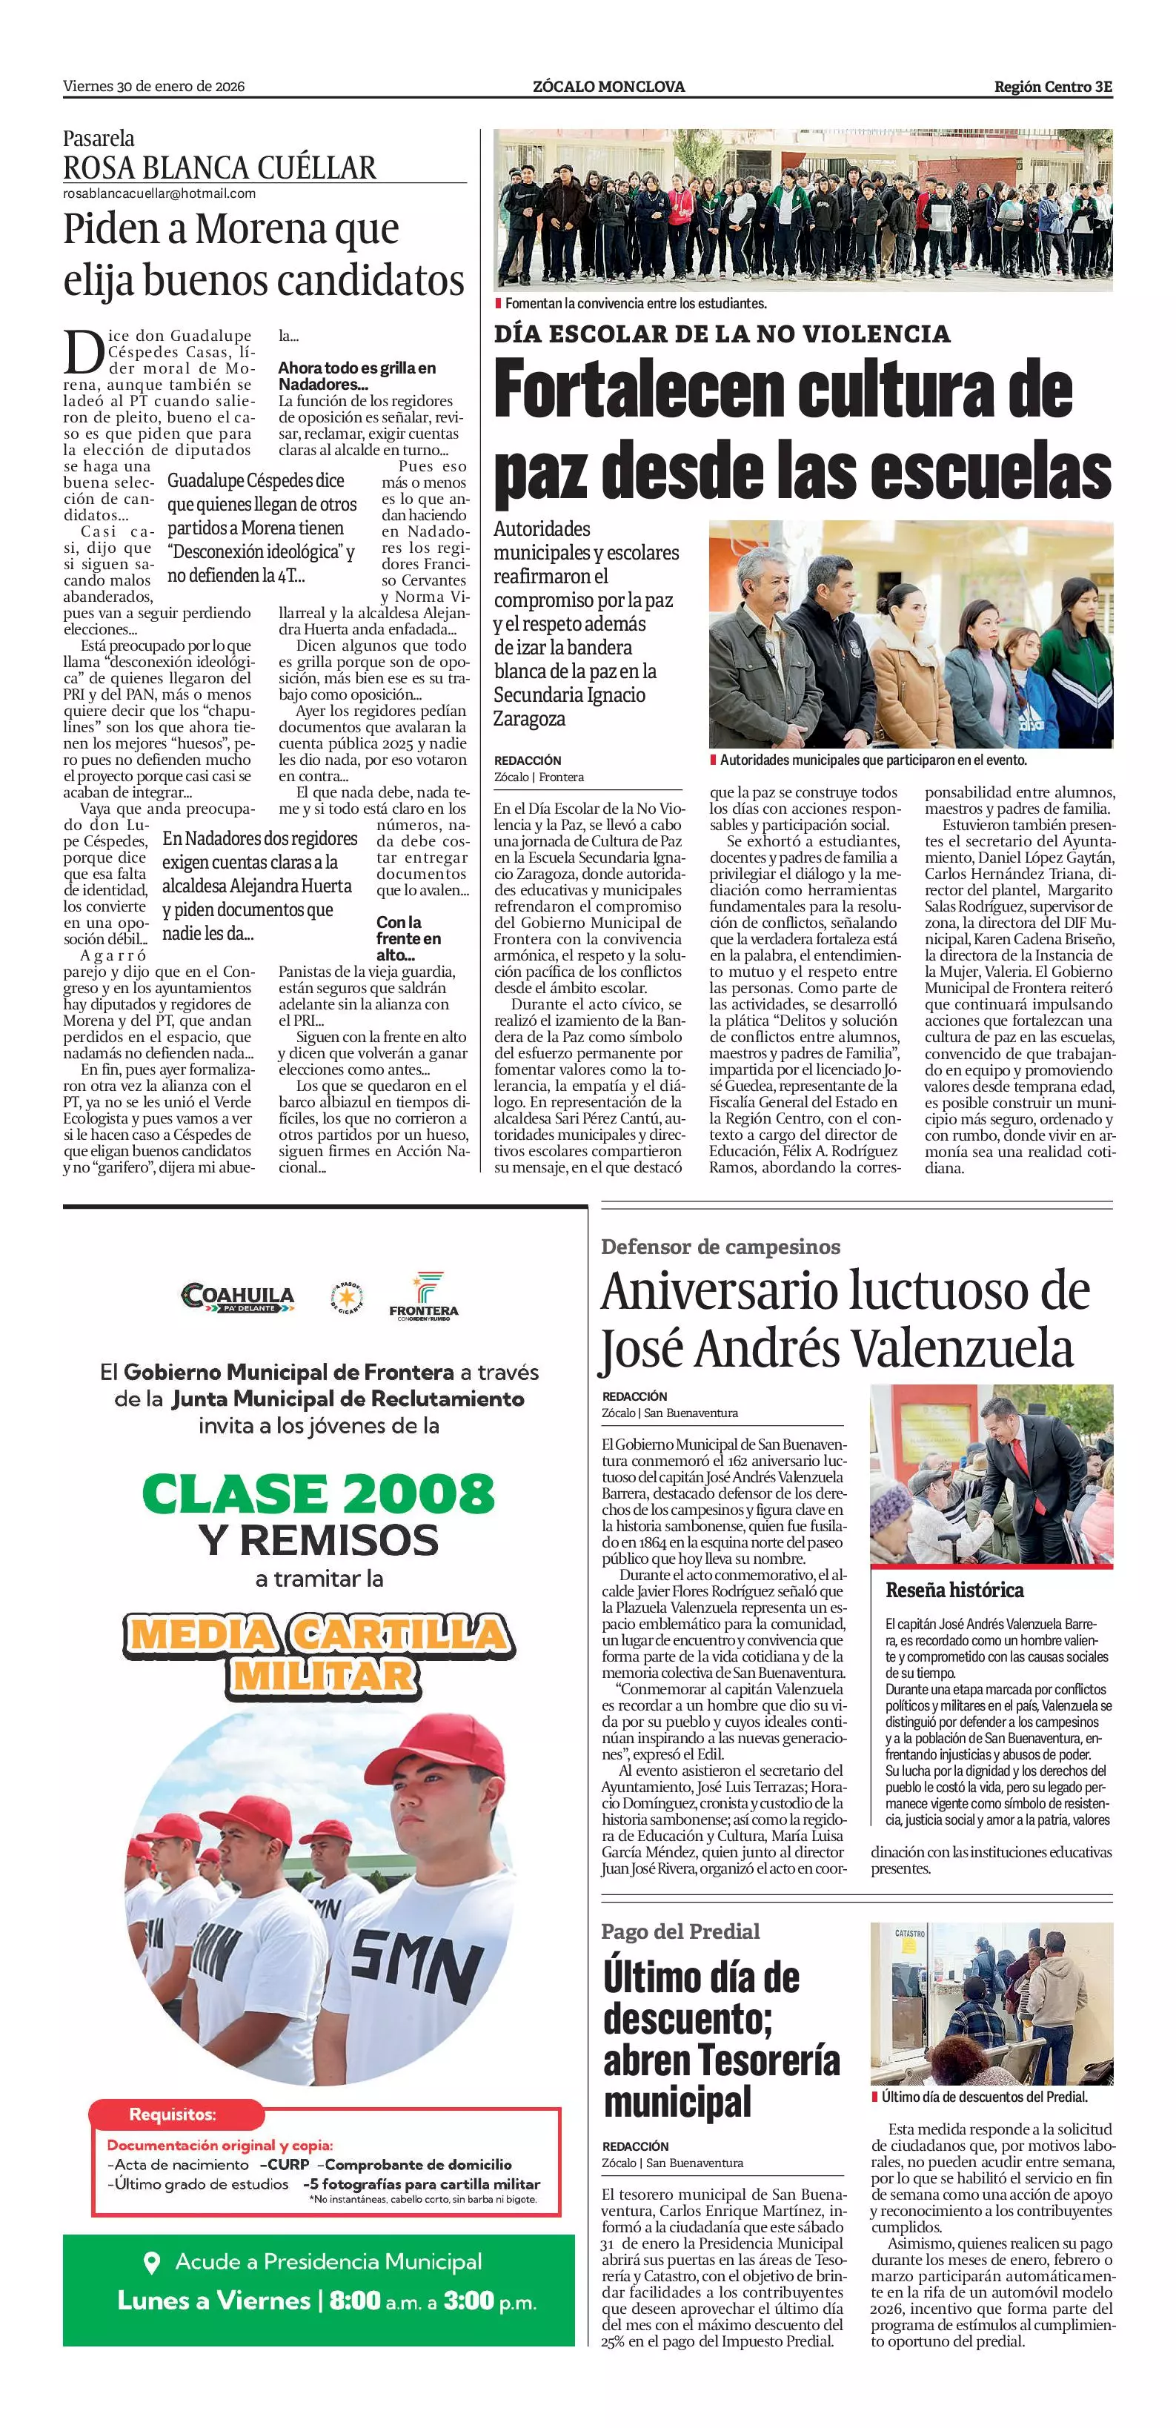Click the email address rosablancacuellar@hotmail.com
(159, 193)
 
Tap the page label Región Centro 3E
(1052, 87)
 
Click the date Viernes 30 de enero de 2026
(153, 87)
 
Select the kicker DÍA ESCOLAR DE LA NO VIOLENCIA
(722, 334)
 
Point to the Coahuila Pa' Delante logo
(237, 1298)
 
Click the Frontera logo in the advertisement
(423, 1297)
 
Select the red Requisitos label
(173, 2114)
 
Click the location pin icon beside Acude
(150, 2261)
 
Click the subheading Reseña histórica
(954, 1590)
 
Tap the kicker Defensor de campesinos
(720, 1247)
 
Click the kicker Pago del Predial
(680, 1931)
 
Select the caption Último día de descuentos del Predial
(985, 2097)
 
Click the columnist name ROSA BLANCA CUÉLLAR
(219, 167)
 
